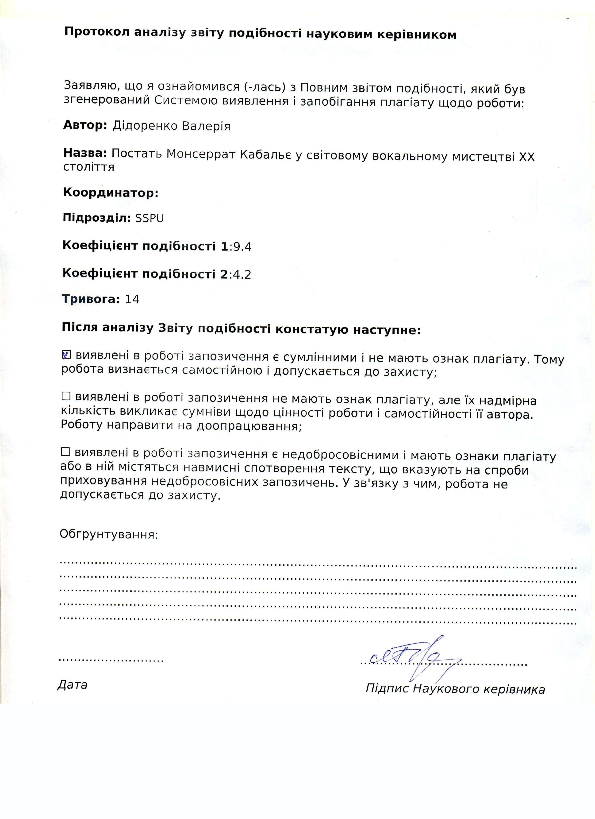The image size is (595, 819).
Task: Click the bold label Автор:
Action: pyautogui.click(x=85, y=125)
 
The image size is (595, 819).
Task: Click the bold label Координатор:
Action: pyautogui.click(x=111, y=193)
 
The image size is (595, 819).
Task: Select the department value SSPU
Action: pyautogui.click(x=150, y=218)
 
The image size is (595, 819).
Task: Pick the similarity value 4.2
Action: pyautogui.click(x=242, y=274)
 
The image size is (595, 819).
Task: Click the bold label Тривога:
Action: pyautogui.click(x=91, y=299)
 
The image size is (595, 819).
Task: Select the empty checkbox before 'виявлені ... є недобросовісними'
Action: pyautogui.click(x=65, y=451)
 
